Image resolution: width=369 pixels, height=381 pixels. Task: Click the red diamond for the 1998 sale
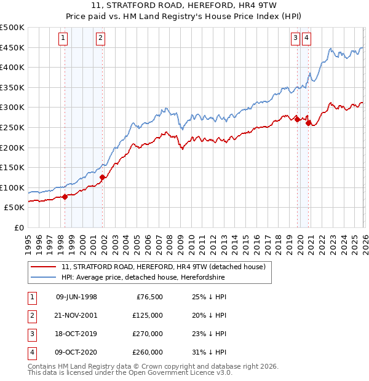(65, 197)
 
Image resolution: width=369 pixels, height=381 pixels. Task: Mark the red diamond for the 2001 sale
(102, 178)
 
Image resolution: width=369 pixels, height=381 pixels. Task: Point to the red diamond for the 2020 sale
(308, 123)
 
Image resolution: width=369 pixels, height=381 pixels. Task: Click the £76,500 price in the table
(149, 297)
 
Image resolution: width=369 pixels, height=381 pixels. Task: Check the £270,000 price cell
(148, 334)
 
